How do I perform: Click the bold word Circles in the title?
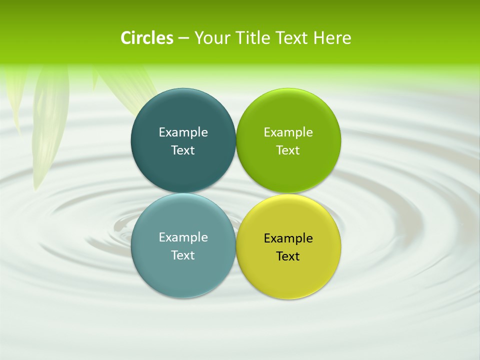147,38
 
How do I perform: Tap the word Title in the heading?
254,38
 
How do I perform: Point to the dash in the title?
183,38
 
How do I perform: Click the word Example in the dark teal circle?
183,132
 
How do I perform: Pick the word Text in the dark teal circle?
183,150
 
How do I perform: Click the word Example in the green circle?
288,132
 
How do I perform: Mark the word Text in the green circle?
288,150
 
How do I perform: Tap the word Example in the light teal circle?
183,237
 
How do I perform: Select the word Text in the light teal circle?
183,255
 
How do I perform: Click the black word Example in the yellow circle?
288,238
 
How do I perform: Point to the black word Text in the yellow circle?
288,256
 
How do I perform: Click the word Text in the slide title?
292,38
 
